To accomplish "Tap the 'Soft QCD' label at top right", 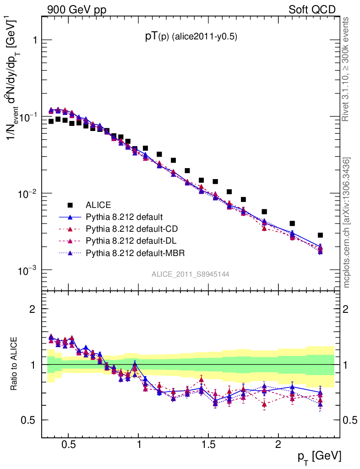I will pyautogui.click(x=312, y=10).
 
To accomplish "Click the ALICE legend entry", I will pyautogui.click(x=98, y=205).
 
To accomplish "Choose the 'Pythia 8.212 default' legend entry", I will pyautogui.click(x=124, y=217).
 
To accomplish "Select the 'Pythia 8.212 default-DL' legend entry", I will pyautogui.click(x=130, y=240).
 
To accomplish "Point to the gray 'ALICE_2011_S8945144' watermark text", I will pyautogui.click(x=191, y=274).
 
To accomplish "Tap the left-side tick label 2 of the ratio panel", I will pyautogui.click(x=33, y=309).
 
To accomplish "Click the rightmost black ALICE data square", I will pyautogui.click(x=320, y=235).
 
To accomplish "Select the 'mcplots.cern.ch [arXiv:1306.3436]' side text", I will pyautogui.click(x=347, y=223).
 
